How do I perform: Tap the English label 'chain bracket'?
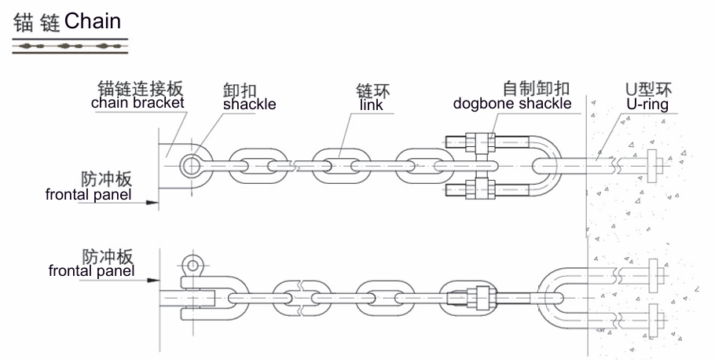[x=137, y=102]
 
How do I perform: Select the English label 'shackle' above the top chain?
[x=249, y=105]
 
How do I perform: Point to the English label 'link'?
[x=371, y=105]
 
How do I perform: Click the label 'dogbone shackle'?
[x=512, y=103]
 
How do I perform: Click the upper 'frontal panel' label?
[x=88, y=193]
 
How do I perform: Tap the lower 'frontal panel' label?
[x=90, y=271]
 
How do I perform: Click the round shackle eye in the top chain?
[x=191, y=165]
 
